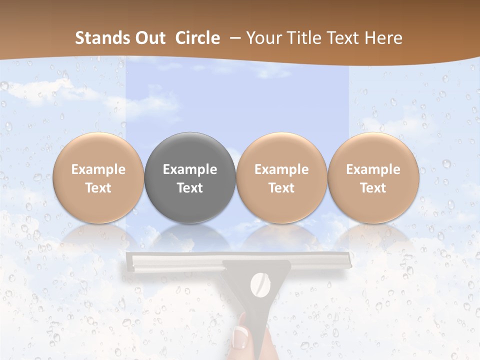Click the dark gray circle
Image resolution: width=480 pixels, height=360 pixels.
tap(190, 178)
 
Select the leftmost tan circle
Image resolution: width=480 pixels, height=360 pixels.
tap(98, 178)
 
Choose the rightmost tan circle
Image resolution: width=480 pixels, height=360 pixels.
tap(373, 178)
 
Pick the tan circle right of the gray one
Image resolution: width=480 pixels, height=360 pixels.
tap(281, 178)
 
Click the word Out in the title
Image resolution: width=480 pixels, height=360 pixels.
tap(151, 38)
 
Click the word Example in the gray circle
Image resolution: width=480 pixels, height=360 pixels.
tap(190, 169)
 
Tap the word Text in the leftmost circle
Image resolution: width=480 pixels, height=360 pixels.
tap(98, 188)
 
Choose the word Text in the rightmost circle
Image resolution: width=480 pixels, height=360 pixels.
tap(373, 188)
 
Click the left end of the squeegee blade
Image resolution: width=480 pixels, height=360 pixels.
tap(130, 261)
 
